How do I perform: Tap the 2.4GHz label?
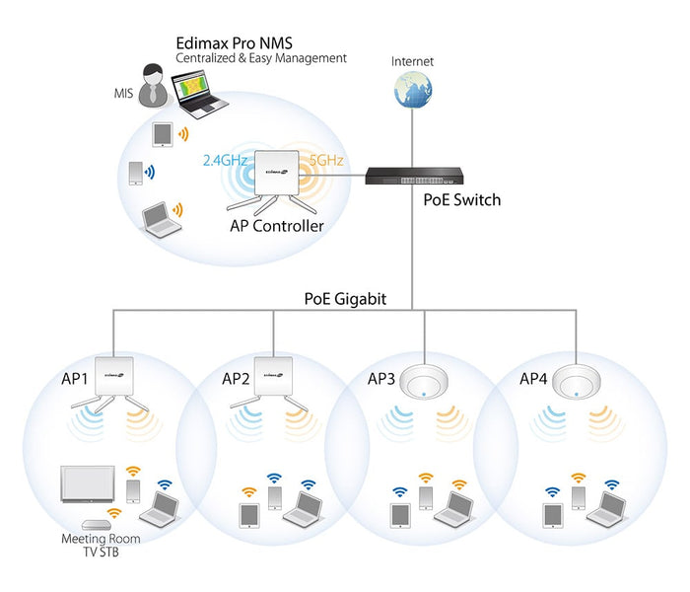coord(224,159)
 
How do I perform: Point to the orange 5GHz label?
coord(326,159)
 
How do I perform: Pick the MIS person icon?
coord(153,87)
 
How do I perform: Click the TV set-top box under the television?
coord(97,524)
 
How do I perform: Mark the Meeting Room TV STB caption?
coord(101,546)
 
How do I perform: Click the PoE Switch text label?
coord(461,200)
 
